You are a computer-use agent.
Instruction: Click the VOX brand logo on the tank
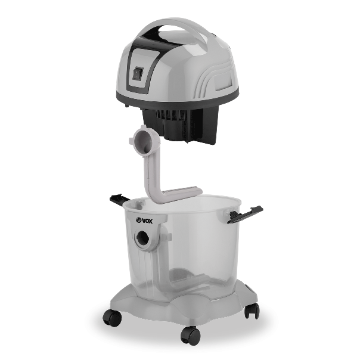(144, 221)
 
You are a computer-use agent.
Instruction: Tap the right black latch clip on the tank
(245, 215)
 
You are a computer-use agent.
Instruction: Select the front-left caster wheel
(112, 318)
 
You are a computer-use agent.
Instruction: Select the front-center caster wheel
(190, 335)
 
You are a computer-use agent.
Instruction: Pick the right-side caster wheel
(252, 310)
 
